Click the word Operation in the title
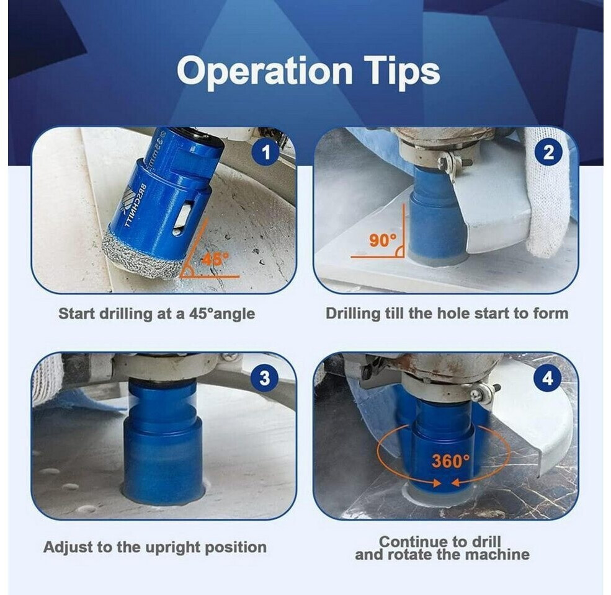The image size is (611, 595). [x=265, y=72]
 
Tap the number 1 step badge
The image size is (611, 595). [x=266, y=152]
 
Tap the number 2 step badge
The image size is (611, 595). [x=548, y=152]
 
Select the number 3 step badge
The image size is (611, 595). [x=265, y=377]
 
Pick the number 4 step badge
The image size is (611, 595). [x=548, y=377]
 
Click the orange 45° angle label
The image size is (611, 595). [x=215, y=259]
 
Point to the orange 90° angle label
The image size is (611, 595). [x=383, y=240]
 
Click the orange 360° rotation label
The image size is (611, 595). [x=451, y=461]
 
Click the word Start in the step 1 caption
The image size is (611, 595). [x=77, y=314]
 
